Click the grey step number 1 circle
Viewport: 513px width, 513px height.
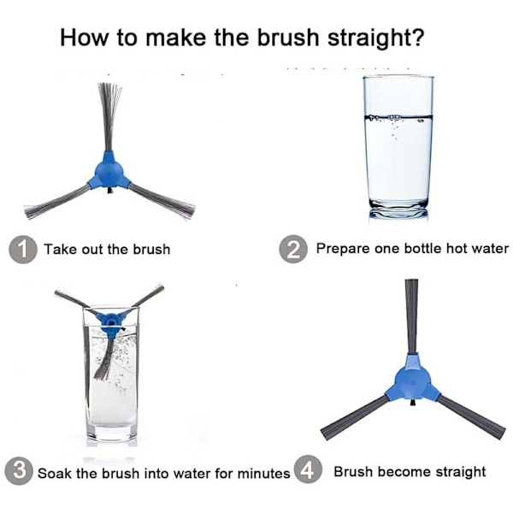tap(22, 250)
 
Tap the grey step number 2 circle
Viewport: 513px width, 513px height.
tap(293, 249)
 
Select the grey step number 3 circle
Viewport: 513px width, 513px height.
tap(19, 471)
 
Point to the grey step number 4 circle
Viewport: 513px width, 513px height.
tap(308, 469)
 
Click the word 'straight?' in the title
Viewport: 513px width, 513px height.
tap(376, 38)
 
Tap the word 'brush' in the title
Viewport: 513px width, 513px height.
tap(288, 37)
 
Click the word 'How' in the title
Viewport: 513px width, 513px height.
tap(84, 38)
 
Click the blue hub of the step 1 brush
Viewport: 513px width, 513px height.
tap(109, 172)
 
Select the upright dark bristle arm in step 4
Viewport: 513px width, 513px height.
tap(411, 316)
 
